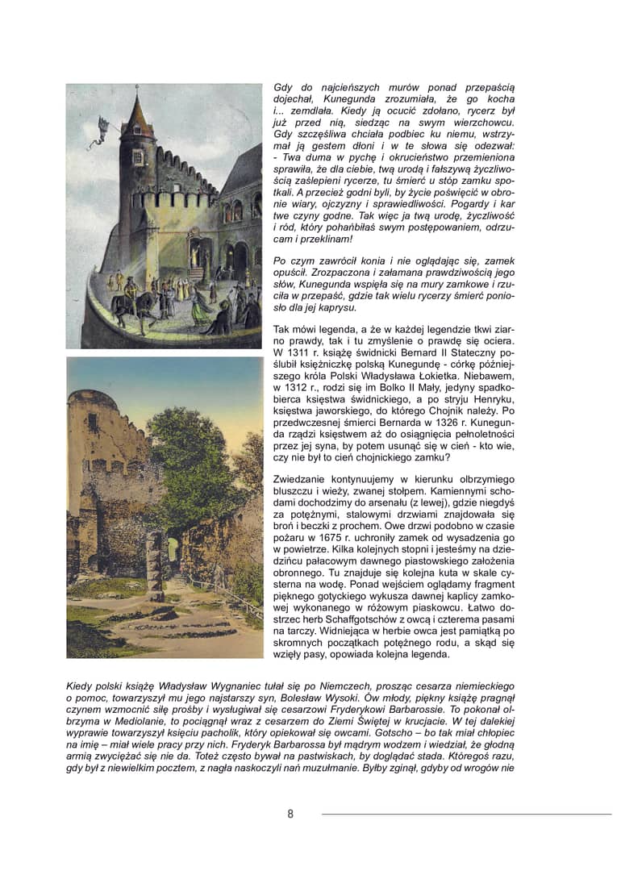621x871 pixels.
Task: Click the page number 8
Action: pyautogui.click(x=290, y=814)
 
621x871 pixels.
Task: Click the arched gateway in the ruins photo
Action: pyautogui.click(x=173, y=554)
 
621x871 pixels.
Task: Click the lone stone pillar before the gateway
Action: pyautogui.click(x=154, y=563)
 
